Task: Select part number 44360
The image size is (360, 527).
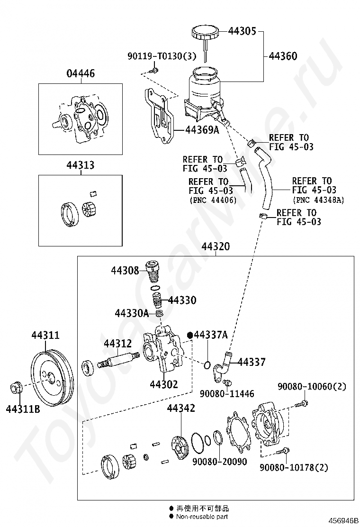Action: [x=283, y=56]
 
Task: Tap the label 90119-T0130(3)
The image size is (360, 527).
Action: [x=162, y=56]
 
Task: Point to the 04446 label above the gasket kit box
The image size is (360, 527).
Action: [x=81, y=73]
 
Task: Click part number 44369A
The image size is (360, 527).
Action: [x=202, y=129]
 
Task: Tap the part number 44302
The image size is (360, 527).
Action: [x=164, y=384]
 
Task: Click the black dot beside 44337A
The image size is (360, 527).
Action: [x=190, y=335]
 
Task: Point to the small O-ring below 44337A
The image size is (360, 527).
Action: [x=207, y=364]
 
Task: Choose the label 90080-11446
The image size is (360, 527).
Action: [x=227, y=393]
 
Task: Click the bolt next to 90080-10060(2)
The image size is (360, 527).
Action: [x=302, y=403]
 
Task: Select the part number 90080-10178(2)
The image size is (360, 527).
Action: [x=294, y=467]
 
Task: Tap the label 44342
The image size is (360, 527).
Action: [x=181, y=408]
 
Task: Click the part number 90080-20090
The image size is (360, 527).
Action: [x=220, y=462]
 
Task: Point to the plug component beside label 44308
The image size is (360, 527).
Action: [x=153, y=272]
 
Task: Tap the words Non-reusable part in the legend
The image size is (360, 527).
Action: [x=202, y=517]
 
